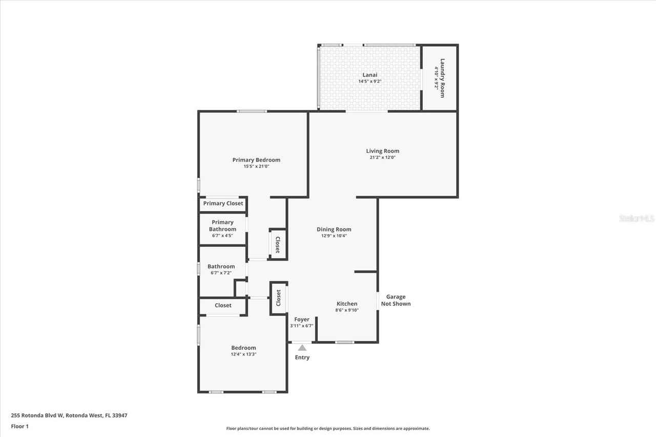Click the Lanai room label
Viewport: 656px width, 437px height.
370,75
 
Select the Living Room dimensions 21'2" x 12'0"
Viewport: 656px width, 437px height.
382,158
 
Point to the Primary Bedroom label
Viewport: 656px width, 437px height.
256,160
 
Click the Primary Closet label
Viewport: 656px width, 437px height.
223,203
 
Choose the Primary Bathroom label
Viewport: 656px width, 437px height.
222,225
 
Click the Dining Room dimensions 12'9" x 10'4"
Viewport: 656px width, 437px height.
334,236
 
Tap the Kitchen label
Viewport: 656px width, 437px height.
347,304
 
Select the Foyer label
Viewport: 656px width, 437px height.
301,319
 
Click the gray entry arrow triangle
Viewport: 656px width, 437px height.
302,348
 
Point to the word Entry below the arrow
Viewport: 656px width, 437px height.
302,357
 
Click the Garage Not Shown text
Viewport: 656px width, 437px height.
396,300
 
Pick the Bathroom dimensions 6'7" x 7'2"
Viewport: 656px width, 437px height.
221,273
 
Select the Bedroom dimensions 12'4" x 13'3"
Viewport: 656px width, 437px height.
243,354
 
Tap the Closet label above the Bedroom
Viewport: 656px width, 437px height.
223,305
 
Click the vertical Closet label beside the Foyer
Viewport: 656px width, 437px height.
278,298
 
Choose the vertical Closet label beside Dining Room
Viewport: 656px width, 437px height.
277,244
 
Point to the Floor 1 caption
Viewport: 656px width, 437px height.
19,426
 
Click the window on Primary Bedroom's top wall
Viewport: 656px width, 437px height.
252,111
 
